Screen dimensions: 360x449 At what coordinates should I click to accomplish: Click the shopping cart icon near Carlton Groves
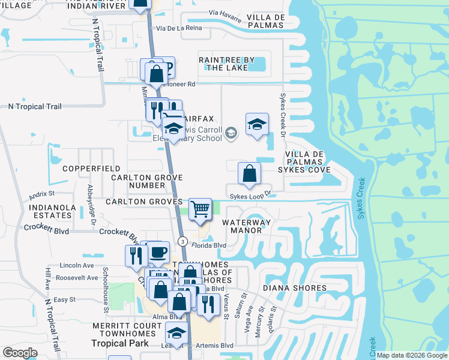[200, 209]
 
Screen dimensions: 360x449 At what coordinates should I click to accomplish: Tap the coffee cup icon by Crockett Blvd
[158, 253]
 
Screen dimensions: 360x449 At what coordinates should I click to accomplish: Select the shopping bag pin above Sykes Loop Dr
[249, 173]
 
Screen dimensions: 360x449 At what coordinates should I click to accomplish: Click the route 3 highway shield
[182, 241]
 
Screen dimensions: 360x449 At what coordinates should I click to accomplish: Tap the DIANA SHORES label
[295, 288]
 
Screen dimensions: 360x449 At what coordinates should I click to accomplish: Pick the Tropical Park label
[119, 343]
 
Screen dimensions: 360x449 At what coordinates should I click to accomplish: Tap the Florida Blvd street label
[208, 245]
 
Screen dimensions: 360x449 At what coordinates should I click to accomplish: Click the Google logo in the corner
[20, 353]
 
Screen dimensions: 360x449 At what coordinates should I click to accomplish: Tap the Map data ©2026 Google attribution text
[412, 355]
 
